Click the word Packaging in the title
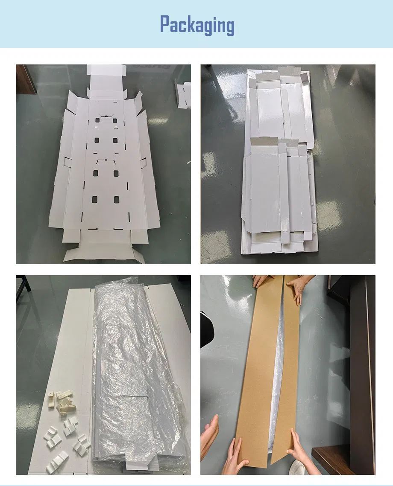(197, 25)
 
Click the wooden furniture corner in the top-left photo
(25, 79)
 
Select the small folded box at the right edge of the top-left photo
(184, 95)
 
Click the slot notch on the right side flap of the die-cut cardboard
(144, 162)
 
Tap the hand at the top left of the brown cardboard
(260, 281)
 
